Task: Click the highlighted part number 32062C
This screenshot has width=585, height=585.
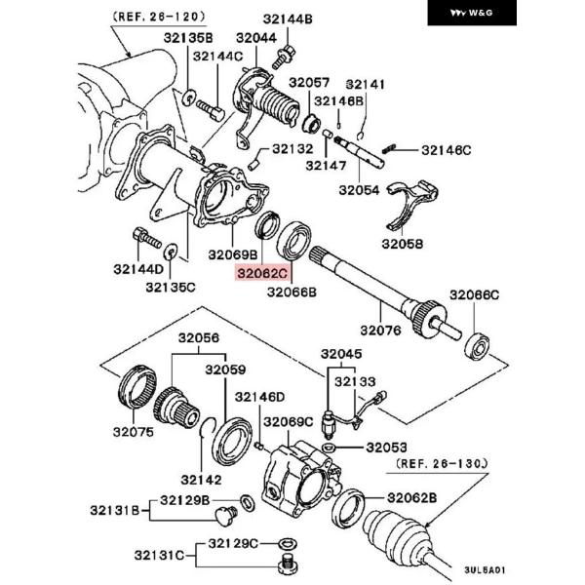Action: [263, 274]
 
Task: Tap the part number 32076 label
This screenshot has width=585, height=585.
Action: [381, 331]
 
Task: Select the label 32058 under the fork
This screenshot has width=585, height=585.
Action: [402, 244]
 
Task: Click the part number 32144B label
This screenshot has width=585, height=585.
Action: [287, 19]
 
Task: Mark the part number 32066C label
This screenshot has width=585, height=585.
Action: [474, 294]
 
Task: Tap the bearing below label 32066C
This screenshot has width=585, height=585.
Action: [478, 346]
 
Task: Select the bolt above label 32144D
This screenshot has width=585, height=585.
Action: [144, 237]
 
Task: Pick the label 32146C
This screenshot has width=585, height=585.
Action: [446, 150]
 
